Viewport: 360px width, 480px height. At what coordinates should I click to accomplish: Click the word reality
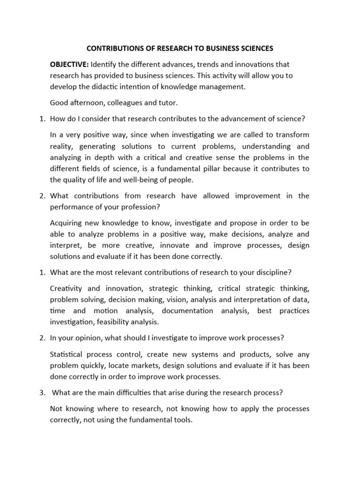tap(61, 147)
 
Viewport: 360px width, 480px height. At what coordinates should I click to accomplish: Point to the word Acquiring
tap(66, 223)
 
